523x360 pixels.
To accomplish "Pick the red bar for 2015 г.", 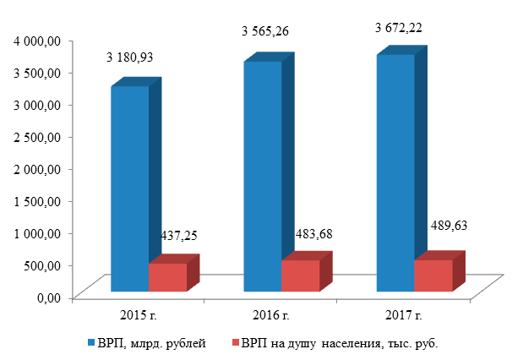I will pos(167,277).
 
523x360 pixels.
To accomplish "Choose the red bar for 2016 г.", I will pos(300,275).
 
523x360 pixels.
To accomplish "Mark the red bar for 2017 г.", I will pos(433,275).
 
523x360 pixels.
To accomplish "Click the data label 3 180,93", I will pos(134,58).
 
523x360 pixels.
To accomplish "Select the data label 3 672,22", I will pos(399,27).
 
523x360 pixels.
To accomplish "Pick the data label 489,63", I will pos(444,226).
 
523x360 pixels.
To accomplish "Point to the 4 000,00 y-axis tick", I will pos(36,41).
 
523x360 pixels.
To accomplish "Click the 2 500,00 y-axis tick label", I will pos(36,137).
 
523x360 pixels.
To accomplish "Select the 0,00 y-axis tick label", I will pos(49,297).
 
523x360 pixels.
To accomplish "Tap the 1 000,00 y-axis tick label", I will pos(36,233).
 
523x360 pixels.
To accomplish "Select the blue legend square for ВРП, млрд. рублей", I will pos(90,344).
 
